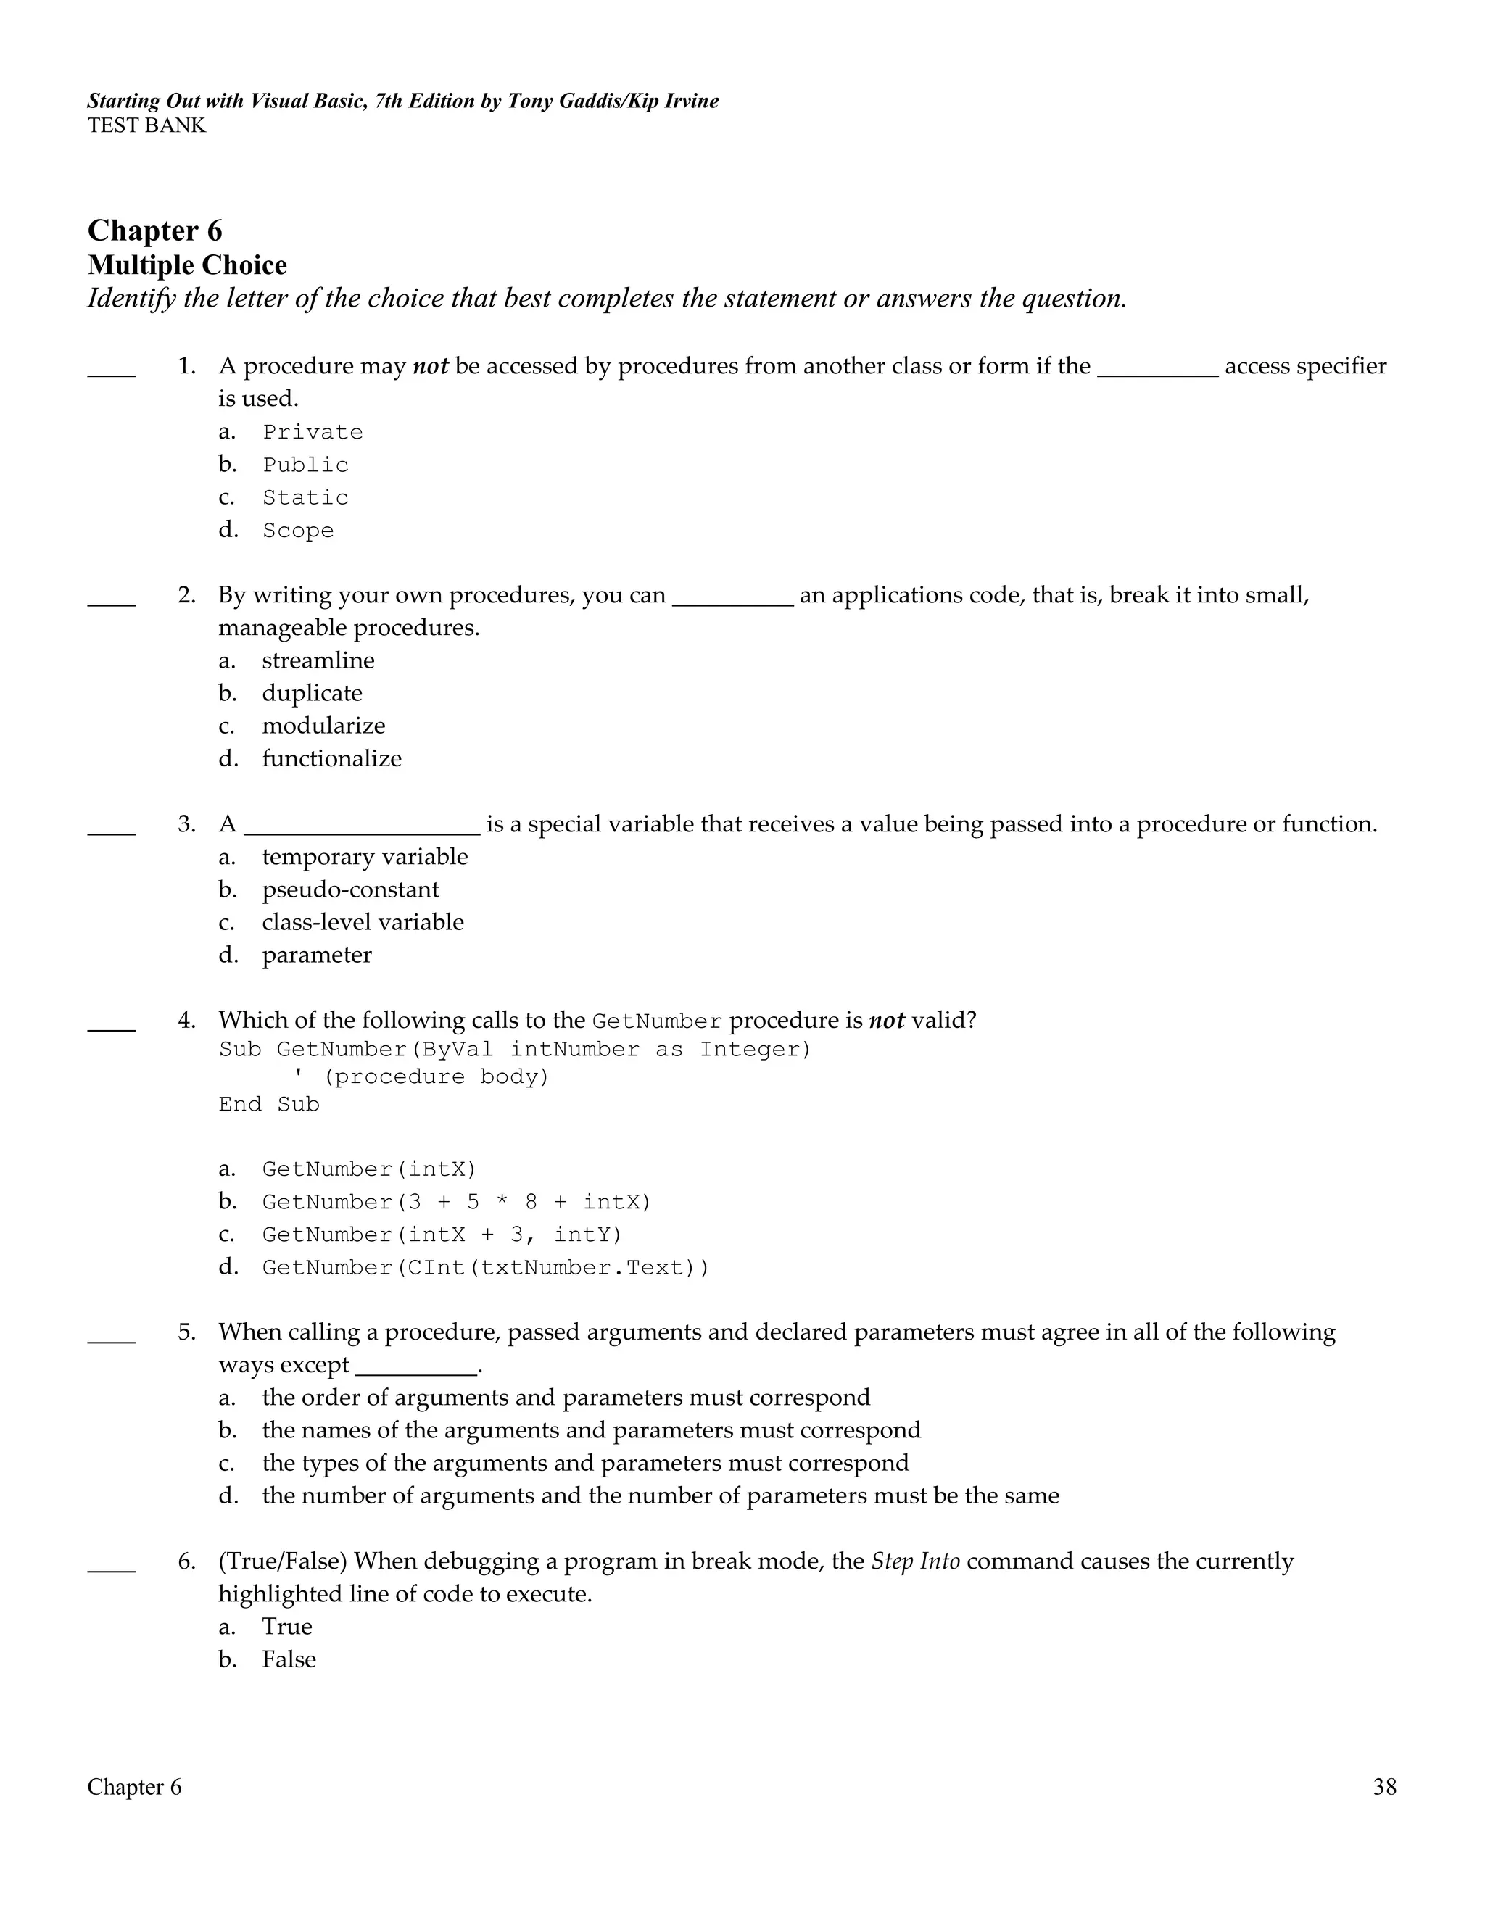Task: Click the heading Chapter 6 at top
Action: click(155, 231)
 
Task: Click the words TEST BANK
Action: click(146, 126)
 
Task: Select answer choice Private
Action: click(313, 432)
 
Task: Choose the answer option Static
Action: click(305, 498)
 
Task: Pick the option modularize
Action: click(323, 726)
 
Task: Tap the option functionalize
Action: click(331, 758)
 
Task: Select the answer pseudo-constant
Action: click(350, 889)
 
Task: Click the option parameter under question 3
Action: click(317, 955)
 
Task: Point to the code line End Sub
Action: click(269, 1104)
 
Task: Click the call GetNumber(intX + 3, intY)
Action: click(442, 1235)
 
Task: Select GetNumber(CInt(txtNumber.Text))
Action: click(486, 1267)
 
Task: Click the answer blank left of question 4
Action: click(112, 1026)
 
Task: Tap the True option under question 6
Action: click(287, 1627)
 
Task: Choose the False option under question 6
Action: click(289, 1659)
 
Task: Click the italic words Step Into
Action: click(915, 1561)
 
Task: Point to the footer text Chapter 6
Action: click(135, 1788)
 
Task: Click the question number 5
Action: click(186, 1332)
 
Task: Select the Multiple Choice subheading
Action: click(187, 265)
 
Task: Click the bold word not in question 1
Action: click(430, 366)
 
